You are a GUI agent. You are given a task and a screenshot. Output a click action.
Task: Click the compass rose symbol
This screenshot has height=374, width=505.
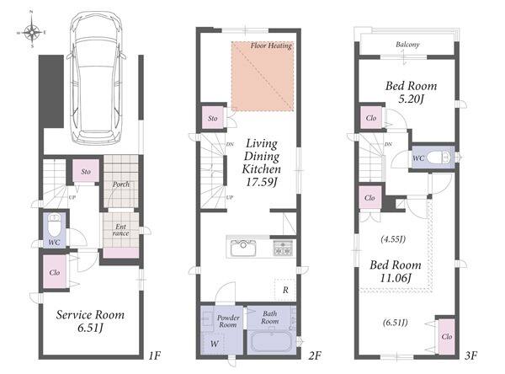pyautogui.click(x=32, y=32)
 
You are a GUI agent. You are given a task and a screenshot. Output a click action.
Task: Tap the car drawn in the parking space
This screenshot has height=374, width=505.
pyautogui.click(x=96, y=78)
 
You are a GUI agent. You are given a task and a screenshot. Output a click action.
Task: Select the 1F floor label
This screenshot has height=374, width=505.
pyautogui.click(x=155, y=356)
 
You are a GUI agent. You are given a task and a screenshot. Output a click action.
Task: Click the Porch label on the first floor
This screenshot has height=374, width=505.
pyautogui.click(x=121, y=184)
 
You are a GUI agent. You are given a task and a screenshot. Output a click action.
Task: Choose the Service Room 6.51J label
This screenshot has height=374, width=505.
pyautogui.click(x=90, y=321)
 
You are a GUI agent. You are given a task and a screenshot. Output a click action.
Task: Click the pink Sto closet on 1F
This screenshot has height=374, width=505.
pyautogui.click(x=86, y=171)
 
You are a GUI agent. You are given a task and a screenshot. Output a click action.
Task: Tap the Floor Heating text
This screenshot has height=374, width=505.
pyautogui.click(x=271, y=45)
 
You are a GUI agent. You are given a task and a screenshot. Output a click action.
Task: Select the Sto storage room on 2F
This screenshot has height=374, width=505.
pyautogui.click(x=213, y=118)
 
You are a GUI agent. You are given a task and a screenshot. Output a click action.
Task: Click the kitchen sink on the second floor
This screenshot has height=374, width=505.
pyautogui.click(x=243, y=248)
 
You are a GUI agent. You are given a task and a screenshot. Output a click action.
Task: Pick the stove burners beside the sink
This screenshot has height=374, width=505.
pyautogui.click(x=283, y=248)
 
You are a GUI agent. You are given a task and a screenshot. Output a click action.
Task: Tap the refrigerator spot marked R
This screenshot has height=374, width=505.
pyautogui.click(x=285, y=290)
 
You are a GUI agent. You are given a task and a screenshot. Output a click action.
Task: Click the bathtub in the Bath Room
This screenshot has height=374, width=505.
pyautogui.click(x=271, y=341)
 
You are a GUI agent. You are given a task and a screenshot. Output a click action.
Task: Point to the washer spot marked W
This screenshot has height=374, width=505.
pyautogui.click(x=214, y=344)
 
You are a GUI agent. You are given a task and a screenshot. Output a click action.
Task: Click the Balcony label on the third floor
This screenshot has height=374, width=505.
pyautogui.click(x=407, y=45)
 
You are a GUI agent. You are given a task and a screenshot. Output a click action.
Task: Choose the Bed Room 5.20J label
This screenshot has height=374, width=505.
pyautogui.click(x=411, y=92)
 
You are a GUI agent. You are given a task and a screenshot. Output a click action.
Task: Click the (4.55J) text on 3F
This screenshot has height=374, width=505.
pyautogui.click(x=393, y=239)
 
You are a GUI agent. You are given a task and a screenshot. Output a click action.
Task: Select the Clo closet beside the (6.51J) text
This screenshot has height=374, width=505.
pyautogui.click(x=447, y=336)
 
